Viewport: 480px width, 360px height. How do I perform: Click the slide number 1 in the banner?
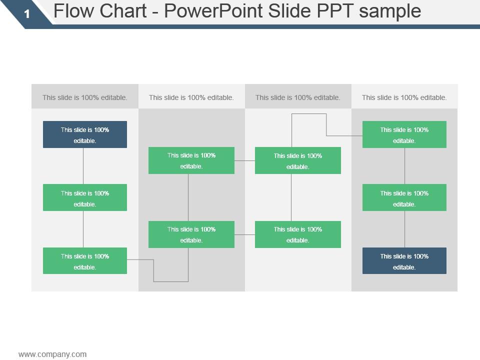click(x=27, y=14)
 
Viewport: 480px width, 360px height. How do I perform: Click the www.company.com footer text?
click(x=52, y=354)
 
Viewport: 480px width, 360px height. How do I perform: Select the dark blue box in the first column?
click(x=85, y=134)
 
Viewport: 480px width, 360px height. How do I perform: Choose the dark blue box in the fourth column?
click(x=404, y=261)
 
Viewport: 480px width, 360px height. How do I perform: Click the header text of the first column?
click(x=85, y=97)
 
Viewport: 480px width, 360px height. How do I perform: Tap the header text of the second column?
click(x=191, y=97)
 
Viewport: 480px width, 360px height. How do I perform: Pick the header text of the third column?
click(x=298, y=97)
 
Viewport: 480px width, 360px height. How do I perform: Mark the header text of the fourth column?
click(x=404, y=97)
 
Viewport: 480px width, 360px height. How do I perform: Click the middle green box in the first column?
click(x=85, y=197)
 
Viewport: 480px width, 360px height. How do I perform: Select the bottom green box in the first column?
click(x=85, y=261)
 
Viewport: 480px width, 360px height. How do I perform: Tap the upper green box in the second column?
click(x=191, y=160)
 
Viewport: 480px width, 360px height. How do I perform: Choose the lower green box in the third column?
click(x=298, y=234)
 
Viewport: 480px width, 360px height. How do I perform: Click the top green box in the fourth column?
click(x=404, y=134)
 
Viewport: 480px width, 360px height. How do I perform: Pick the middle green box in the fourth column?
click(x=404, y=197)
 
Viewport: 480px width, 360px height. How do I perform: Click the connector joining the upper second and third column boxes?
click(x=244, y=160)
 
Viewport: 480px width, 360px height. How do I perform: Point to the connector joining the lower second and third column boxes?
click(x=244, y=234)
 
